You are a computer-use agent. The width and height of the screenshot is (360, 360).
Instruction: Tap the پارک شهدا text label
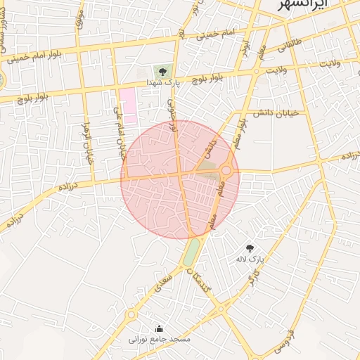(x=163, y=82)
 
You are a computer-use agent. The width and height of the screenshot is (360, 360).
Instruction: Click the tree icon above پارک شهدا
(x=162, y=71)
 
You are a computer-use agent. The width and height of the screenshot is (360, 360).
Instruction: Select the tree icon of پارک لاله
(x=250, y=247)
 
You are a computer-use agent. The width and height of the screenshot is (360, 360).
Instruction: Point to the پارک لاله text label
(x=250, y=259)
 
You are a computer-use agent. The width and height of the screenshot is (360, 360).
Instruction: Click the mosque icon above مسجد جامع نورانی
(x=159, y=328)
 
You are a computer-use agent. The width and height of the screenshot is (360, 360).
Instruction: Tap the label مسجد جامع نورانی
(x=160, y=339)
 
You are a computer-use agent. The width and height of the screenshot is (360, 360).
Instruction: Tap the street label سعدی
(x=162, y=283)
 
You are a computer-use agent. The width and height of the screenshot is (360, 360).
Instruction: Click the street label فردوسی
(x=283, y=340)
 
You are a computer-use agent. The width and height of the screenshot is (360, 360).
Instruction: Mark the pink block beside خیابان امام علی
(x=127, y=105)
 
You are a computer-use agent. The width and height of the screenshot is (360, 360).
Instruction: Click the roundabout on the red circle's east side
(x=226, y=169)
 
